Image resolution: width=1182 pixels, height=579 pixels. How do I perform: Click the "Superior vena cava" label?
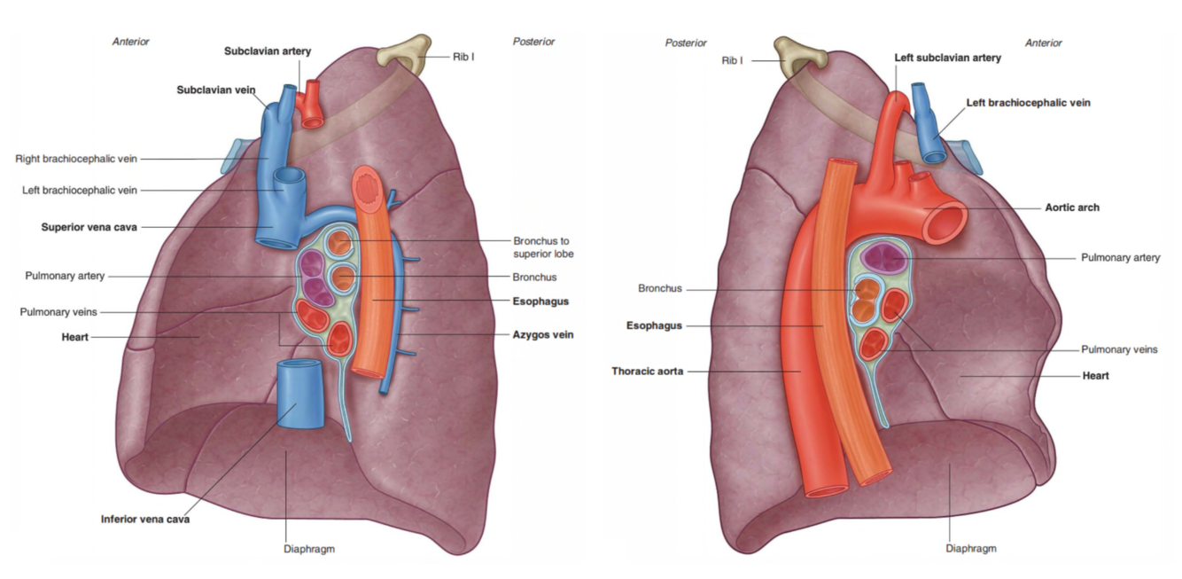click(x=89, y=227)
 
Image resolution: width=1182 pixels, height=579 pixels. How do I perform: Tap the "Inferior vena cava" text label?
click(x=144, y=519)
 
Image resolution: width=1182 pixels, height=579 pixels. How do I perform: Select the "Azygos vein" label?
click(x=543, y=335)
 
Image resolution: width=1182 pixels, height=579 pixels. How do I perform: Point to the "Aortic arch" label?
click(x=1071, y=207)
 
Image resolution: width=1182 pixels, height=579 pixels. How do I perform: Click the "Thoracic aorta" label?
click(x=647, y=372)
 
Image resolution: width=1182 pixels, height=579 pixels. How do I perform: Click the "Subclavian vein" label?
click(x=216, y=90)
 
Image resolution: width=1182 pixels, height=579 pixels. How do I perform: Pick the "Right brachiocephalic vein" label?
click(x=76, y=160)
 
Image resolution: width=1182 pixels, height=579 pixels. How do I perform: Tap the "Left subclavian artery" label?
click(x=947, y=58)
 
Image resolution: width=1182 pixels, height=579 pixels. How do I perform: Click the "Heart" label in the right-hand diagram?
click(x=1095, y=376)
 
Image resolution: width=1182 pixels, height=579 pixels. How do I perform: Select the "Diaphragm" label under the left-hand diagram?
click(x=309, y=549)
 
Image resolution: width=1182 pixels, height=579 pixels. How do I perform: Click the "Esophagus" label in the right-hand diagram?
click(x=654, y=325)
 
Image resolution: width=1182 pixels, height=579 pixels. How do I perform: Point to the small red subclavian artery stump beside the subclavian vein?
click(x=311, y=102)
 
